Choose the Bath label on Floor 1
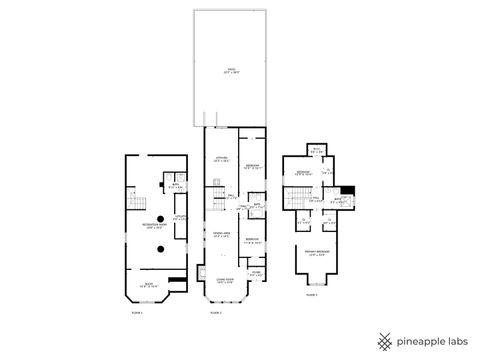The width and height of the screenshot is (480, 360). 174,186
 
